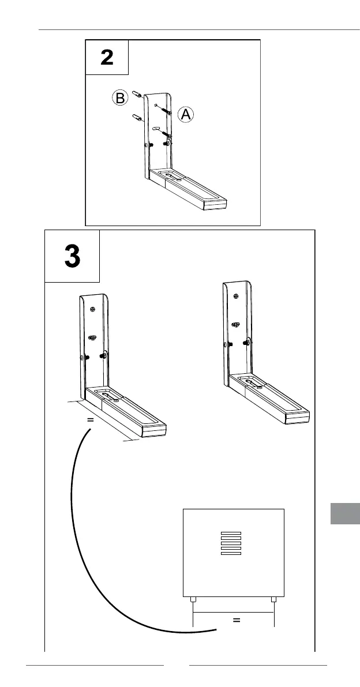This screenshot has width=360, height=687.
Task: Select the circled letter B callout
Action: (119, 98)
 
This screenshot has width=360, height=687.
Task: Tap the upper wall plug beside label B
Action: (137, 93)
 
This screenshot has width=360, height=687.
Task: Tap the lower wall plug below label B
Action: (138, 118)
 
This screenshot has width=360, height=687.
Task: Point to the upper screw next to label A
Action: (166, 110)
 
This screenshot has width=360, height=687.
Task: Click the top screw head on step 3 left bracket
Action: (92, 309)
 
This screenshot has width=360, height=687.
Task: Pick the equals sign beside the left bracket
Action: (90, 420)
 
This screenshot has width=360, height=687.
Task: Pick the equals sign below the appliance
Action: (235, 621)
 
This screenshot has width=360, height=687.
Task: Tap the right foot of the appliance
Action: (274, 600)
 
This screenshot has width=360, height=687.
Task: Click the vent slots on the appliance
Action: (231, 543)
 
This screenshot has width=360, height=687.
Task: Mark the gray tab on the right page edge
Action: (345, 513)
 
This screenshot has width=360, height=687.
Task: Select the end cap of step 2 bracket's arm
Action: (220, 203)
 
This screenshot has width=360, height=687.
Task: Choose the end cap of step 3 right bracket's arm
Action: (299, 418)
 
